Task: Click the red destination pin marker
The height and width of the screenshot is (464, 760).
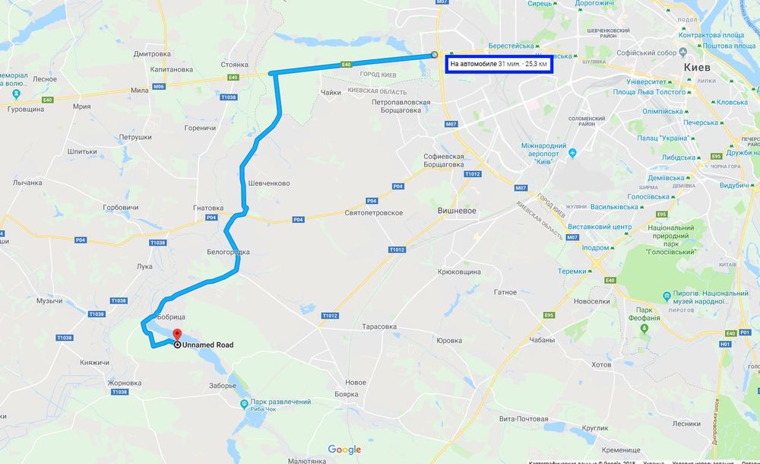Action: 176,335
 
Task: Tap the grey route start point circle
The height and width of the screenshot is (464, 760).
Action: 434,55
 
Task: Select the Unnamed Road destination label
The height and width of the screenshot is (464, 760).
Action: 207,345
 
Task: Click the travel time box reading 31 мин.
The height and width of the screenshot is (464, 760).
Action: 499,64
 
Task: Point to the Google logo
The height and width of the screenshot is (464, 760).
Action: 344,450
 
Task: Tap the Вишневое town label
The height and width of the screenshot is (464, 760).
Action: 457,210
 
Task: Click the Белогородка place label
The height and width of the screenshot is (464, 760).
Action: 228,252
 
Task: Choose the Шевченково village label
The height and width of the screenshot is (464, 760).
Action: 269,183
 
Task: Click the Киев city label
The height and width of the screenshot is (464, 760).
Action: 697,68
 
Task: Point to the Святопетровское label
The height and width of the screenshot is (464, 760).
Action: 373,213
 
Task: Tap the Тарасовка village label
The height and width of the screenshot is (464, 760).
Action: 378,326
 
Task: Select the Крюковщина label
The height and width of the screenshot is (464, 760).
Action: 459,272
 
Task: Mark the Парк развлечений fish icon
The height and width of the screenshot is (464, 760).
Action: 244,402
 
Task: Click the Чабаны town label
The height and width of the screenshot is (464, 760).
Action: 541,340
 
